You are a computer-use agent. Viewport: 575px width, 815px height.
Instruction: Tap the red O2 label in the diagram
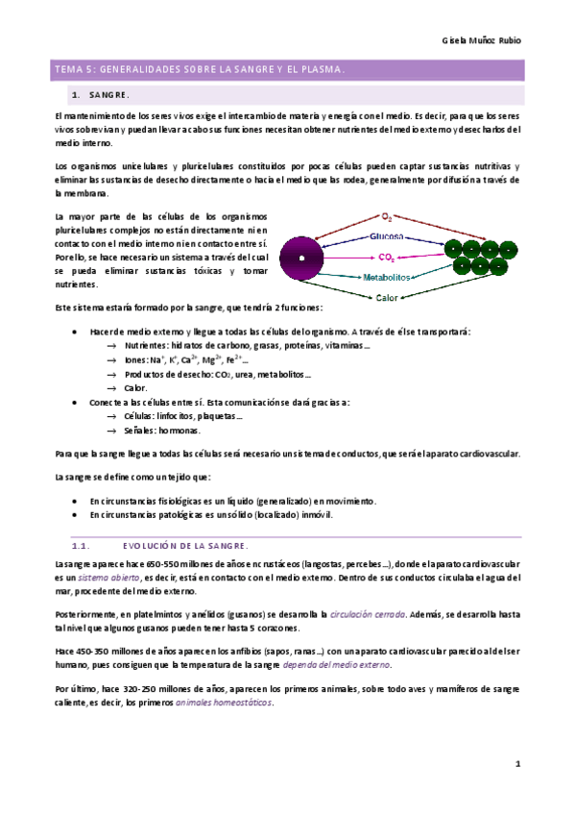(x=387, y=217)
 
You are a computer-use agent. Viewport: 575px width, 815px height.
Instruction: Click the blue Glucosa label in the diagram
(x=388, y=236)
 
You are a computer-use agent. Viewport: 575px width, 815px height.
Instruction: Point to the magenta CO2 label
(x=388, y=258)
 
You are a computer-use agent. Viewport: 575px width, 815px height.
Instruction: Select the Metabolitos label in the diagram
(x=388, y=278)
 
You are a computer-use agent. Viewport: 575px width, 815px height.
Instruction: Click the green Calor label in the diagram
(x=388, y=298)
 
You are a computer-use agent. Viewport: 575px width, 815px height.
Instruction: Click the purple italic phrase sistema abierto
(x=102, y=578)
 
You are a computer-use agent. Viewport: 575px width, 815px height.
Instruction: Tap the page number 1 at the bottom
(x=516, y=764)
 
